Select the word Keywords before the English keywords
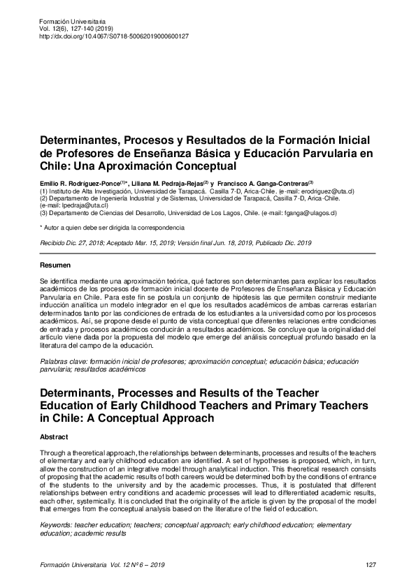click(57, 524)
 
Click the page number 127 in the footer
click(371, 565)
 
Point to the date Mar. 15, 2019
click(149, 242)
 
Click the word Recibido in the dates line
click(55, 242)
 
